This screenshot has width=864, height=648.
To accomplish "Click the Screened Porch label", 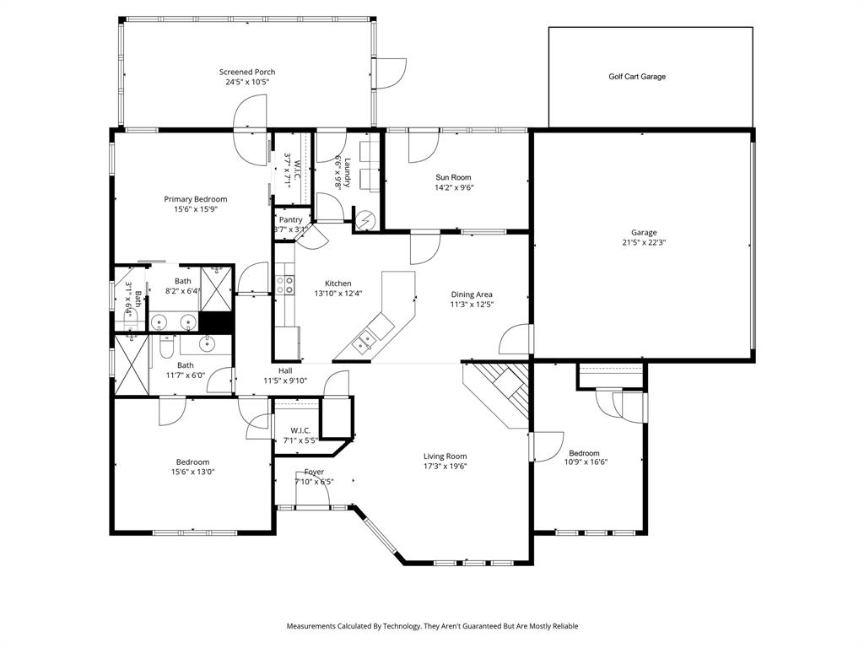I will click(x=247, y=73).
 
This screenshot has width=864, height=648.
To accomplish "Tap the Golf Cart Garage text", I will click(x=637, y=77).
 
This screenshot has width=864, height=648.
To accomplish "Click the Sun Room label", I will click(x=453, y=177).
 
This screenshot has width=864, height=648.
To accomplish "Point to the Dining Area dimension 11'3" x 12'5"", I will click(x=471, y=305).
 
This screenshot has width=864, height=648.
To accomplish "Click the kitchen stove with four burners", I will click(x=285, y=284).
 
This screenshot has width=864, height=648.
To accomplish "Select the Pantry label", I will click(x=290, y=219).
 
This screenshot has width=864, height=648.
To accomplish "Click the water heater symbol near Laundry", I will click(x=365, y=220).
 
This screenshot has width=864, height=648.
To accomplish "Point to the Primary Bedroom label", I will click(x=196, y=199).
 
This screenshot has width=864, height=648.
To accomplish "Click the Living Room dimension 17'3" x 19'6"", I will click(x=445, y=466).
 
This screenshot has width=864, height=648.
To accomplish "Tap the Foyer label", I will click(x=314, y=472).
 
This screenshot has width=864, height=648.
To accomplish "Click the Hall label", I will click(x=285, y=370).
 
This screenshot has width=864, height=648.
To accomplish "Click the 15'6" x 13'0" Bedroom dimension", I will click(x=192, y=472).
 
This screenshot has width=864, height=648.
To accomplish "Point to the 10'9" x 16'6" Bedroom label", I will click(x=584, y=453).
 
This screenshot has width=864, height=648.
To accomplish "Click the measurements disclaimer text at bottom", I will click(x=432, y=626).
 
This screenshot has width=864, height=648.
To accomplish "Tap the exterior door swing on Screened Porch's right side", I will click(x=390, y=73).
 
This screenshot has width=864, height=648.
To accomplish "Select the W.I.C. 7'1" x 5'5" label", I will click(x=300, y=430).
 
